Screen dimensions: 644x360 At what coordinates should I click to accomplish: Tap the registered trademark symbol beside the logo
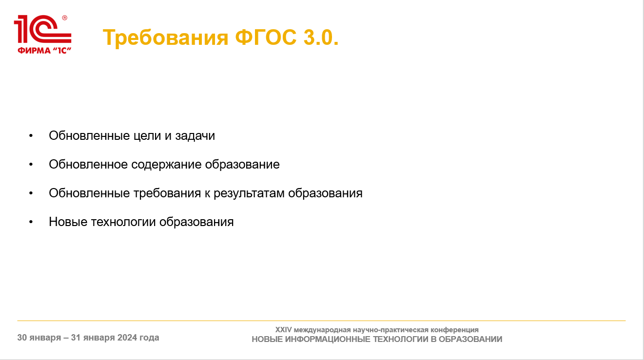pos(65,18)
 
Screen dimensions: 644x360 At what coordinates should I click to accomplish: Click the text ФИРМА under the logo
pos(34,51)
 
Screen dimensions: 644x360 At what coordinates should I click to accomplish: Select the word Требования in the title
pos(165,38)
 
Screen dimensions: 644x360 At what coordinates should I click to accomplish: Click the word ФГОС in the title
pos(266,38)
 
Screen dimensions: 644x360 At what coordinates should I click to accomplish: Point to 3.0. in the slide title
pos(321,38)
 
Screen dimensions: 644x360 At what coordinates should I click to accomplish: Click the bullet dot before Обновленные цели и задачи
pos(31,135)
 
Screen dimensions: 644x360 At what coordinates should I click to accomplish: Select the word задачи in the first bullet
pos(195,135)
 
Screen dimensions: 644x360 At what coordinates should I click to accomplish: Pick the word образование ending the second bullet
pos(242,165)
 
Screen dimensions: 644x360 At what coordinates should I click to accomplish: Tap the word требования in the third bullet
pos(167,193)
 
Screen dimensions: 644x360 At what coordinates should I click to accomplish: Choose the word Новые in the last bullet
pos(68,222)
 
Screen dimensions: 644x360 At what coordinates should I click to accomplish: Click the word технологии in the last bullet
pos(123,222)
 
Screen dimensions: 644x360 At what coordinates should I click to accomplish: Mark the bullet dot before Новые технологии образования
pos(31,222)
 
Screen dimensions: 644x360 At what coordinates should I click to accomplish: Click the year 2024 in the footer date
pos(127,338)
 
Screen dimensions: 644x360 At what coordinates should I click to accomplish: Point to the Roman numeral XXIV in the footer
pos(283,329)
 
